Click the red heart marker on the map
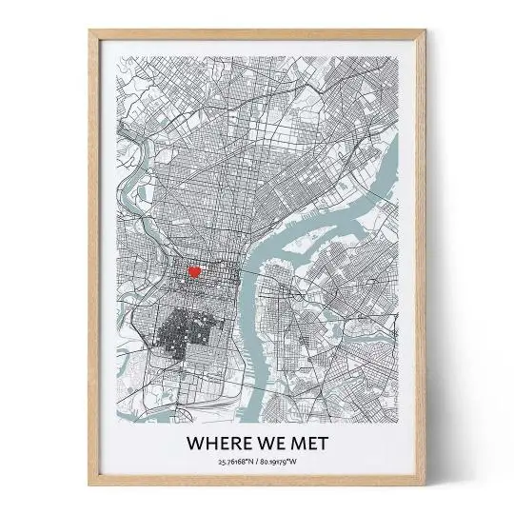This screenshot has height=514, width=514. [193, 271]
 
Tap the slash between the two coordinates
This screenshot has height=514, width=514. [259, 463]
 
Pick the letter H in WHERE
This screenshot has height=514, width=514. [208, 443]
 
